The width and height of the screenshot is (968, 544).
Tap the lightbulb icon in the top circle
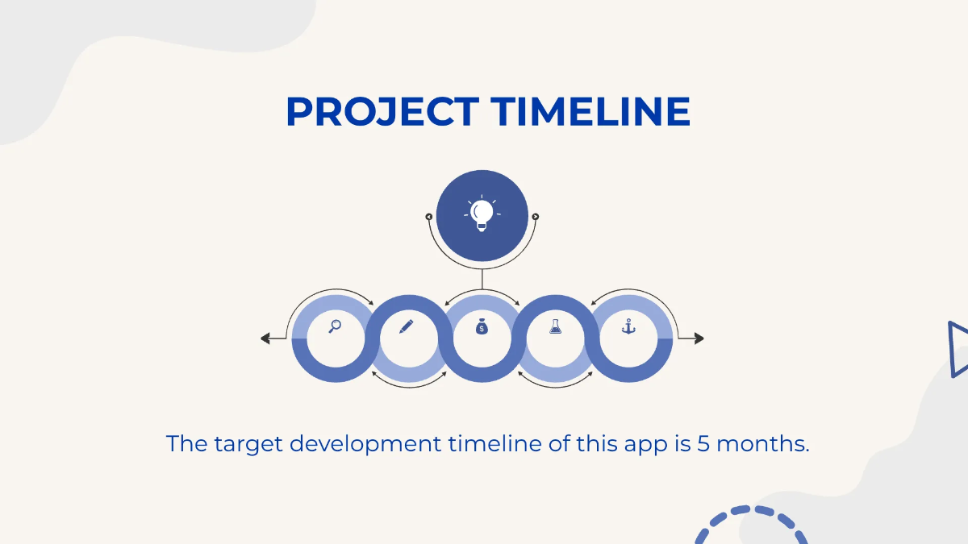pyautogui.click(x=482, y=214)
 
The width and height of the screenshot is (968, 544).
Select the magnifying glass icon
pyautogui.click(x=335, y=326)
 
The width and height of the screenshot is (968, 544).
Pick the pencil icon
pyautogui.click(x=406, y=326)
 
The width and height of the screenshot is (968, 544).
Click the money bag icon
pyautogui.click(x=482, y=326)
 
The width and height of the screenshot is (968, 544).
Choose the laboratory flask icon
pyautogui.click(x=555, y=326)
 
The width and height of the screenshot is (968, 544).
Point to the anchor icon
pyautogui.click(x=628, y=326)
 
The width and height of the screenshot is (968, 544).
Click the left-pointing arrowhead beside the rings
pyautogui.click(x=265, y=338)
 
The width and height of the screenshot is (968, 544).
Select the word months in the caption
pyautogui.click(x=762, y=443)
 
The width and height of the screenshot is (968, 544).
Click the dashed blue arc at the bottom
pyautogui.click(x=749, y=516)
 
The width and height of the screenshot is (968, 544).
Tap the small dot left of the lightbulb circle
pyautogui.click(x=429, y=216)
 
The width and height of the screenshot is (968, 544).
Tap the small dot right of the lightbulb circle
pyautogui.click(x=535, y=216)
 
